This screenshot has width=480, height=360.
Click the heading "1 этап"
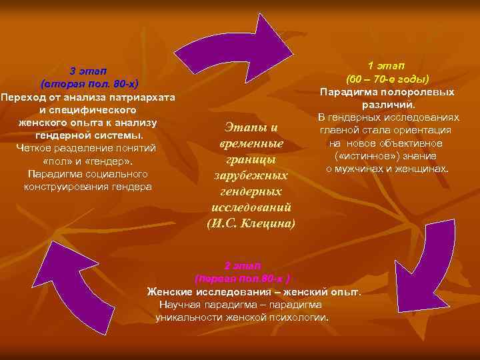[386, 65]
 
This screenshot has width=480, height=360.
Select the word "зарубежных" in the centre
[251, 175]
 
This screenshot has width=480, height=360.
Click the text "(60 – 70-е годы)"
[387, 78]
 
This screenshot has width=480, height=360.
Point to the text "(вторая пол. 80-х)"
[89, 84]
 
